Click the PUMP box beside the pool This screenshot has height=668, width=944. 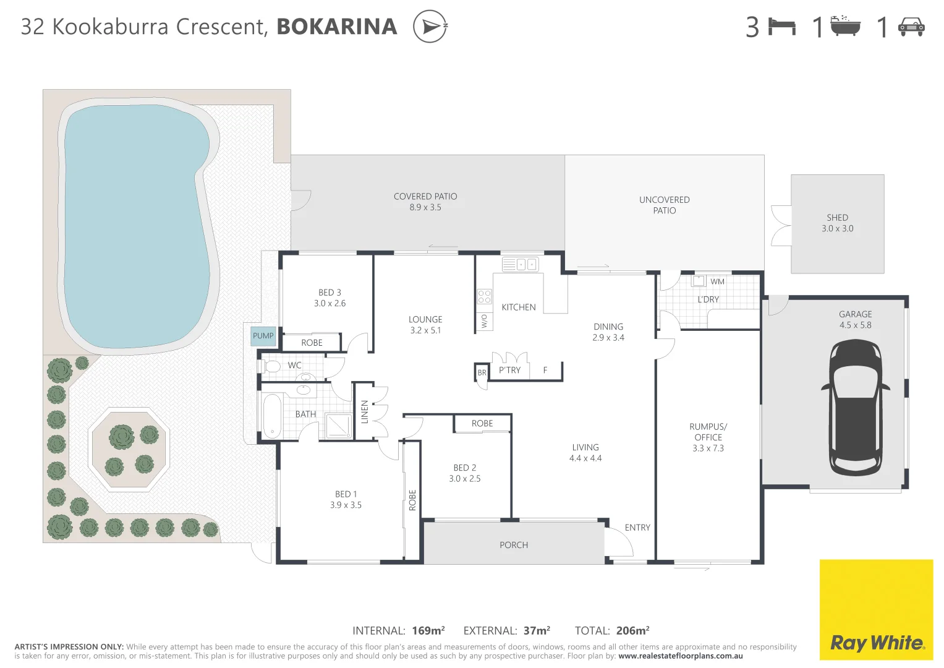(263, 336)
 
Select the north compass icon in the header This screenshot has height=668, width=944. (430, 27)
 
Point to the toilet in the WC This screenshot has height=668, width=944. (271, 366)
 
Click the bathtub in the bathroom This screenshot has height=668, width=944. (272, 416)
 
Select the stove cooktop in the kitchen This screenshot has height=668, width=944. (484, 296)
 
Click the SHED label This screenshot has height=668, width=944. (837, 218)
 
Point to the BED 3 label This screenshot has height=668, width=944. (330, 293)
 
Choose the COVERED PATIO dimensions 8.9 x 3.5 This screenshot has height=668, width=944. (425, 208)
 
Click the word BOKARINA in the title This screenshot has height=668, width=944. (337, 27)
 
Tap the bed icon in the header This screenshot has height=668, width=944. (781, 27)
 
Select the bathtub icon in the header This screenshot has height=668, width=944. (845, 27)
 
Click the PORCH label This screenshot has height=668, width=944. (514, 545)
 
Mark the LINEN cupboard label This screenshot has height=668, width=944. (365, 412)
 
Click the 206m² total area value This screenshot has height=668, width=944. (632, 631)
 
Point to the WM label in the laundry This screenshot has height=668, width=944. (717, 282)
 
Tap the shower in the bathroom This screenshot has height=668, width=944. (339, 426)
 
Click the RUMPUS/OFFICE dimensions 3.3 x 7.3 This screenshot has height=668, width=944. (708, 448)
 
